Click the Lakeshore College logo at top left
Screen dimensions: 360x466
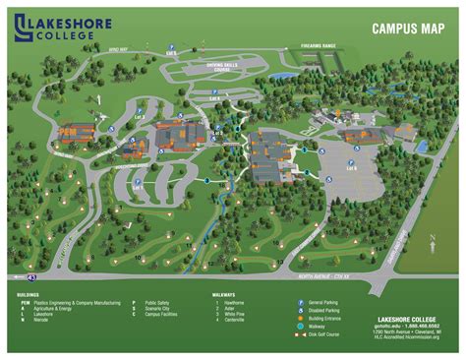(56, 27)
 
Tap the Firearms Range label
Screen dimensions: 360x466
(319, 46)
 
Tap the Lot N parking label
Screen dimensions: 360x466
(349, 166)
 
